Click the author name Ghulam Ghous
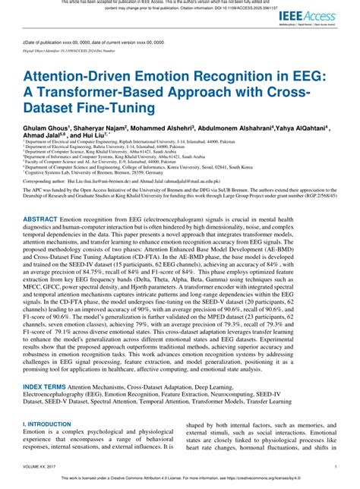tap(46, 129)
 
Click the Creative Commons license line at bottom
tap(180, 480)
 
